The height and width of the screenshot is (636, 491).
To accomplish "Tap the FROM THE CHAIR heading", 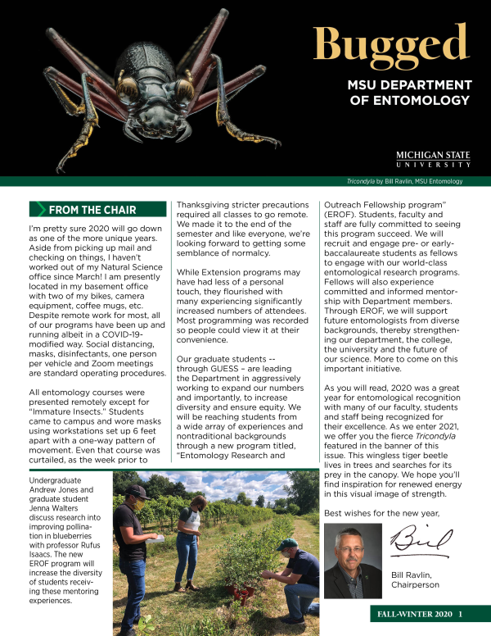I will [x=92, y=210].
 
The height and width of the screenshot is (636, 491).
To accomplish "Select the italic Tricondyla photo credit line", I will [x=404, y=181].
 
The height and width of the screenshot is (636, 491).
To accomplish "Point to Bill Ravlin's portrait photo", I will [x=353, y=561].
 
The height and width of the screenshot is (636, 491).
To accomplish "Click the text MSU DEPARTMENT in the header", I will [x=409, y=85].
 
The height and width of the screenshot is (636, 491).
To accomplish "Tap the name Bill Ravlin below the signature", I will [x=417, y=574].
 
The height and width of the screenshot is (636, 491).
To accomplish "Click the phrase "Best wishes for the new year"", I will [x=381, y=513].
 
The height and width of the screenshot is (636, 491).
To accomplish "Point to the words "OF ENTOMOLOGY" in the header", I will [x=409, y=101].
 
